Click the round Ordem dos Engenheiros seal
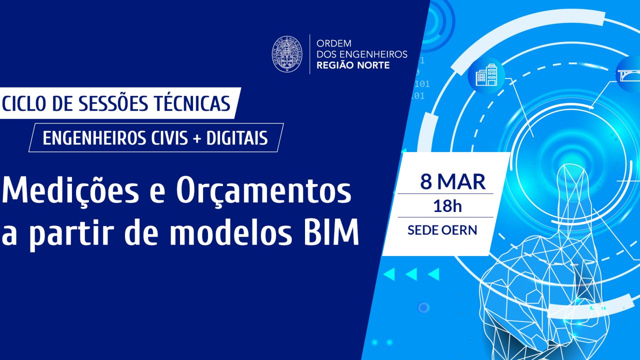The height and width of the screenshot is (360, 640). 287,54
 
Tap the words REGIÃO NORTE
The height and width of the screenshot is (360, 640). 353,65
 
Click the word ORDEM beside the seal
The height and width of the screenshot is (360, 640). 334,43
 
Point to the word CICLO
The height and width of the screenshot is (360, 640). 24,103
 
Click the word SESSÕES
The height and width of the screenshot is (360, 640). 113,103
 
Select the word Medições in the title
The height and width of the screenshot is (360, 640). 70,190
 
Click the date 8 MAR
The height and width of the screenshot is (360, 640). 453,181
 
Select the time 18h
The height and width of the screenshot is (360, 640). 447,206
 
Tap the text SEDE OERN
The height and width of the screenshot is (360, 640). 442,230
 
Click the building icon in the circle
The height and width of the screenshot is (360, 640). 486,75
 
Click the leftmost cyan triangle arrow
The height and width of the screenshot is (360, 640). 389,274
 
